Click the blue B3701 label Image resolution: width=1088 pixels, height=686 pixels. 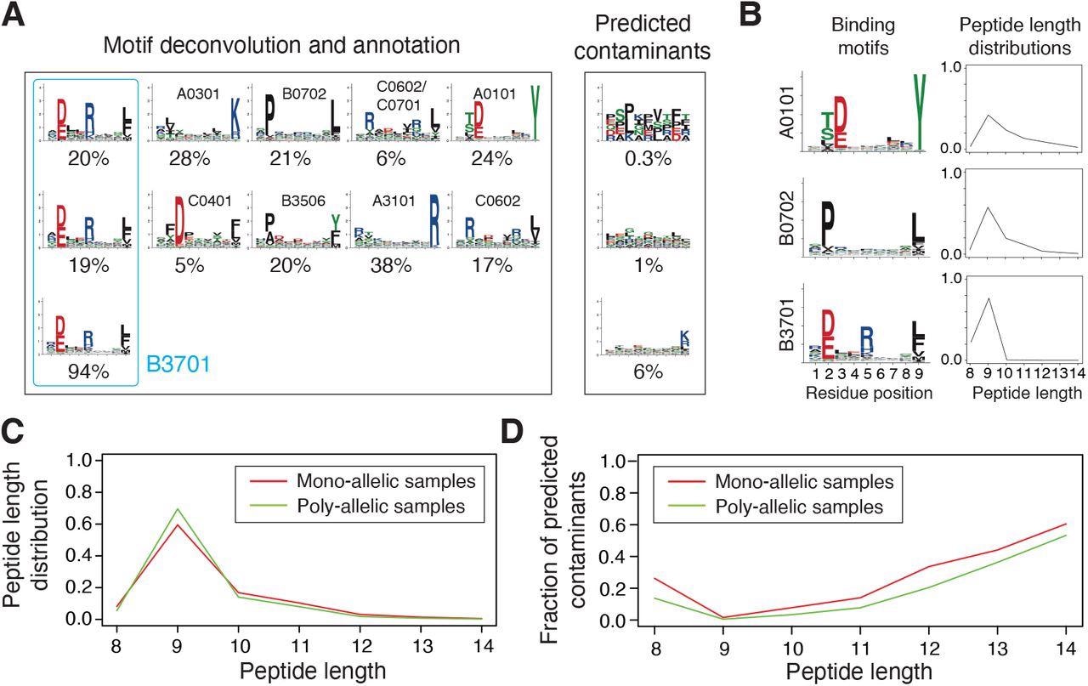point(178,365)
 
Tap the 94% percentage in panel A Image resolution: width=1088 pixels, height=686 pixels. point(88,367)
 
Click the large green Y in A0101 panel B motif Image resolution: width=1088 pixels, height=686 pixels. point(919,109)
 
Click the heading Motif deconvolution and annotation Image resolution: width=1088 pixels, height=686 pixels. point(281,46)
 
